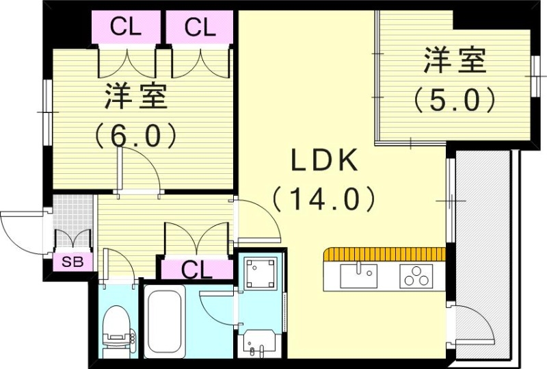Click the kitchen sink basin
click(358, 275)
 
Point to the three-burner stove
click(415, 276)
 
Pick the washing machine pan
click(261, 272)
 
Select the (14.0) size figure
click(324, 199)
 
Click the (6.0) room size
click(136, 134)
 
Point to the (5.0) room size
click(454, 101)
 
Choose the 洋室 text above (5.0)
click(455, 62)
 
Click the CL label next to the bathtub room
click(196, 269)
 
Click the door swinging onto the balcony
click(472, 325)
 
